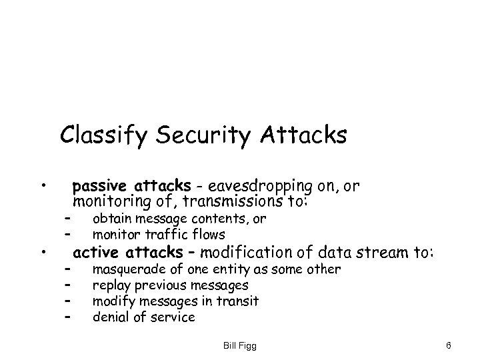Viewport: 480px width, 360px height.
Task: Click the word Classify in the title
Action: pyautogui.click(x=101, y=136)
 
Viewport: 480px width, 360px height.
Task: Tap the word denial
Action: pyautogui.click(x=109, y=317)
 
